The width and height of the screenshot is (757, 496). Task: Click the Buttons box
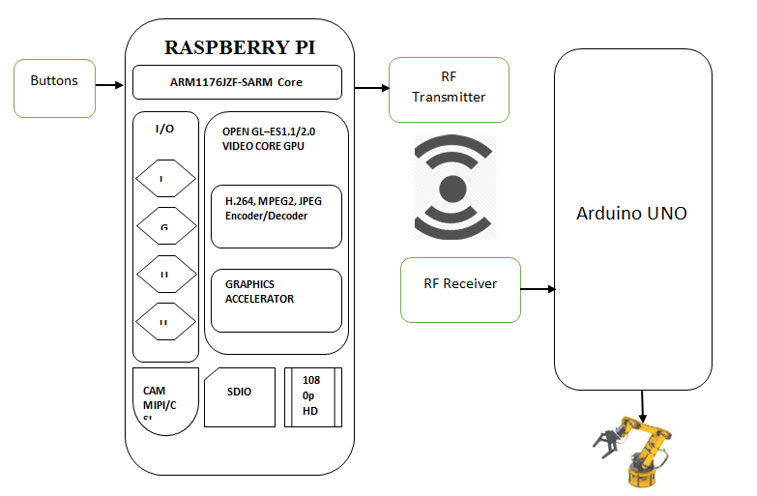(x=54, y=88)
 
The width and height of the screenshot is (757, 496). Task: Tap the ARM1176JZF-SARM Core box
(x=237, y=82)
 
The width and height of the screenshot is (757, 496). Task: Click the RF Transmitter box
(x=449, y=89)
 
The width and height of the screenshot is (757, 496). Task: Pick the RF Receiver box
(x=460, y=289)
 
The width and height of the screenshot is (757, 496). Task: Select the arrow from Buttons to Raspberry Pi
(x=110, y=86)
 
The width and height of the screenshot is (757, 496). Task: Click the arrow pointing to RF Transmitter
(x=370, y=89)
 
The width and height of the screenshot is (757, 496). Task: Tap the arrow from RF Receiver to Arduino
(x=538, y=288)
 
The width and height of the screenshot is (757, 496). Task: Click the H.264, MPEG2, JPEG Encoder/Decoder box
(x=276, y=216)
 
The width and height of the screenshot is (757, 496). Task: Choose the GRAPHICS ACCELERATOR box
(x=276, y=300)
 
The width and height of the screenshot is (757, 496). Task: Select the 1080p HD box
(x=312, y=396)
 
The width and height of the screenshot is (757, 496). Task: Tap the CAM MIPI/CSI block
(x=164, y=400)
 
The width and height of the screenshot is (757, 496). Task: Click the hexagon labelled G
(x=164, y=228)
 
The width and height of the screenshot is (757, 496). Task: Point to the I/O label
(x=164, y=129)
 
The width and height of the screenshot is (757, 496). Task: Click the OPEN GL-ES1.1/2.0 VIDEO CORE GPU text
(x=271, y=138)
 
